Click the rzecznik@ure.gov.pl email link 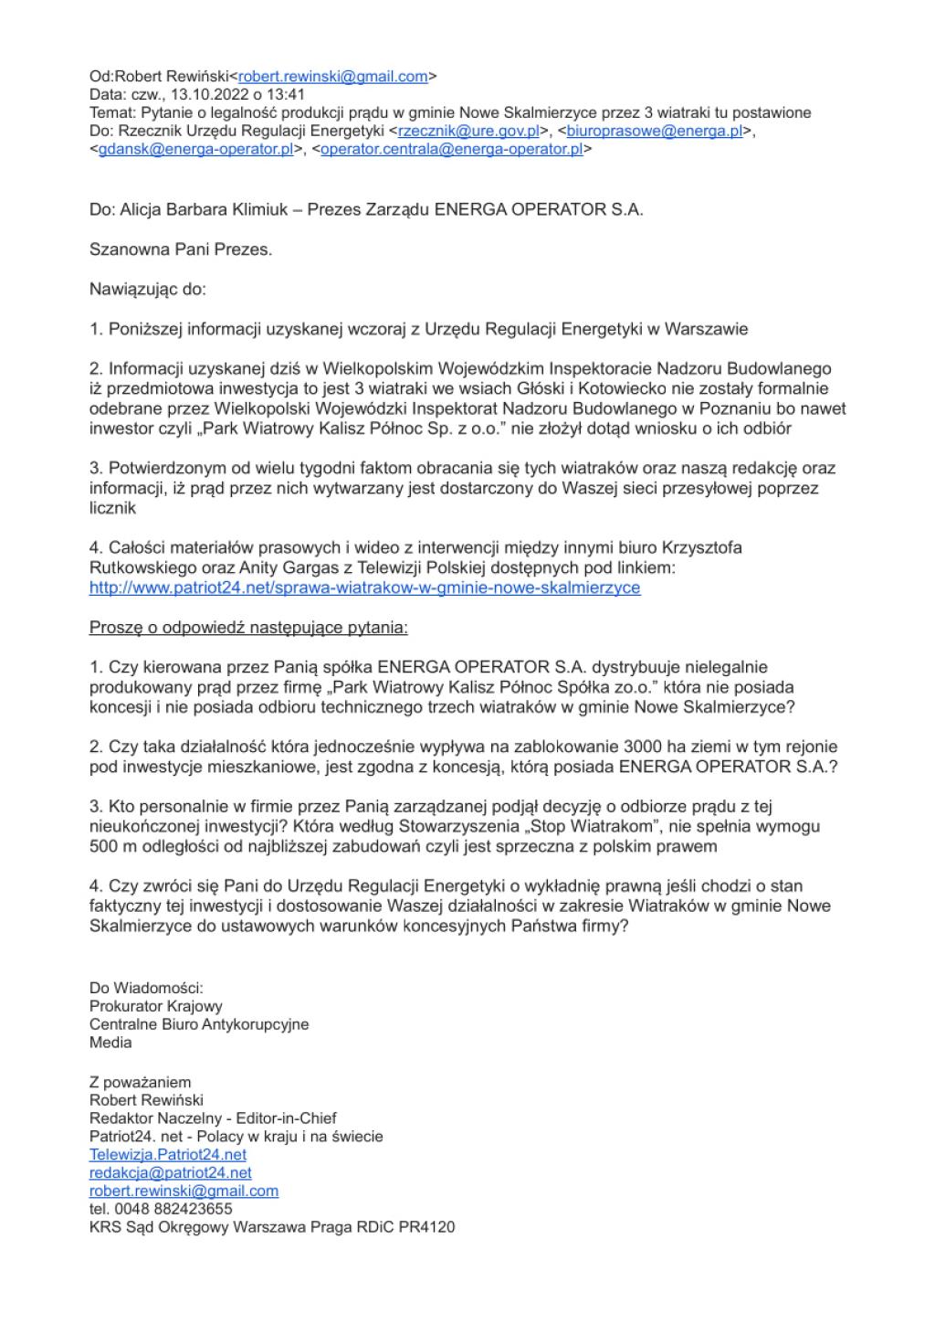[x=469, y=131]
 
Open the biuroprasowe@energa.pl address [x=655, y=131]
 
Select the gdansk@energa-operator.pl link [x=195, y=149]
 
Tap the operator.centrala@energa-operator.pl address [x=451, y=149]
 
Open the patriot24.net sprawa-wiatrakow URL [x=364, y=588]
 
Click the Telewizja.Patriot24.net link [x=168, y=1154]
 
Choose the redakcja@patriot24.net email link [x=170, y=1172]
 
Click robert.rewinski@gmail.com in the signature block [x=184, y=1191]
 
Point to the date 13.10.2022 [x=205, y=94]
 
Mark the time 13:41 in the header [x=288, y=94]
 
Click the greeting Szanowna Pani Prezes [x=181, y=249]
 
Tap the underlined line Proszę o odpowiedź [x=248, y=628]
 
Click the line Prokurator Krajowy [x=155, y=1006]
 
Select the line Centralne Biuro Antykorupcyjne [x=199, y=1024]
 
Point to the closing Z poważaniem [x=141, y=1083]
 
